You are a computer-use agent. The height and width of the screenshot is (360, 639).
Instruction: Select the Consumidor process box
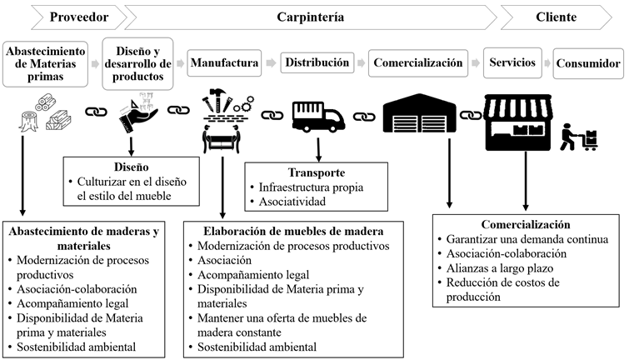pyautogui.click(x=588, y=63)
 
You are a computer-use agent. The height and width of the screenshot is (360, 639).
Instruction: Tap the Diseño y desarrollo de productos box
pyautogui.click(x=137, y=62)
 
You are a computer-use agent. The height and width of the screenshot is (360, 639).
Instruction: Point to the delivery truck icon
pyautogui.click(x=318, y=117)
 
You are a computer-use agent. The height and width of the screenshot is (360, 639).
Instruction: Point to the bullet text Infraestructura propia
pyautogui.click(x=312, y=187)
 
